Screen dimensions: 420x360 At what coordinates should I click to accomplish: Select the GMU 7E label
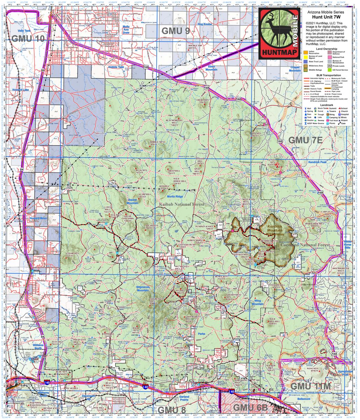point(305,140)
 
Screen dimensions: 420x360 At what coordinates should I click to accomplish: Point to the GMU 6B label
point(250,407)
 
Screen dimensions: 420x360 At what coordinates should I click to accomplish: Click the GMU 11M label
point(311,386)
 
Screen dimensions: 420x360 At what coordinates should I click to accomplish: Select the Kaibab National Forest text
point(181,204)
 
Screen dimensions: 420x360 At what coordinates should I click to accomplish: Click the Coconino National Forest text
point(305,245)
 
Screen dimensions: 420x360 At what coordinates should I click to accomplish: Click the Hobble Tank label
point(116,67)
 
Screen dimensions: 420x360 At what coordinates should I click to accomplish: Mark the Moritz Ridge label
point(175,197)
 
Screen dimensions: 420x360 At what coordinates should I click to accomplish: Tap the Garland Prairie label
point(184,400)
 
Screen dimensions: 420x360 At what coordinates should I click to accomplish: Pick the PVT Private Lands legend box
point(330,65)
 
